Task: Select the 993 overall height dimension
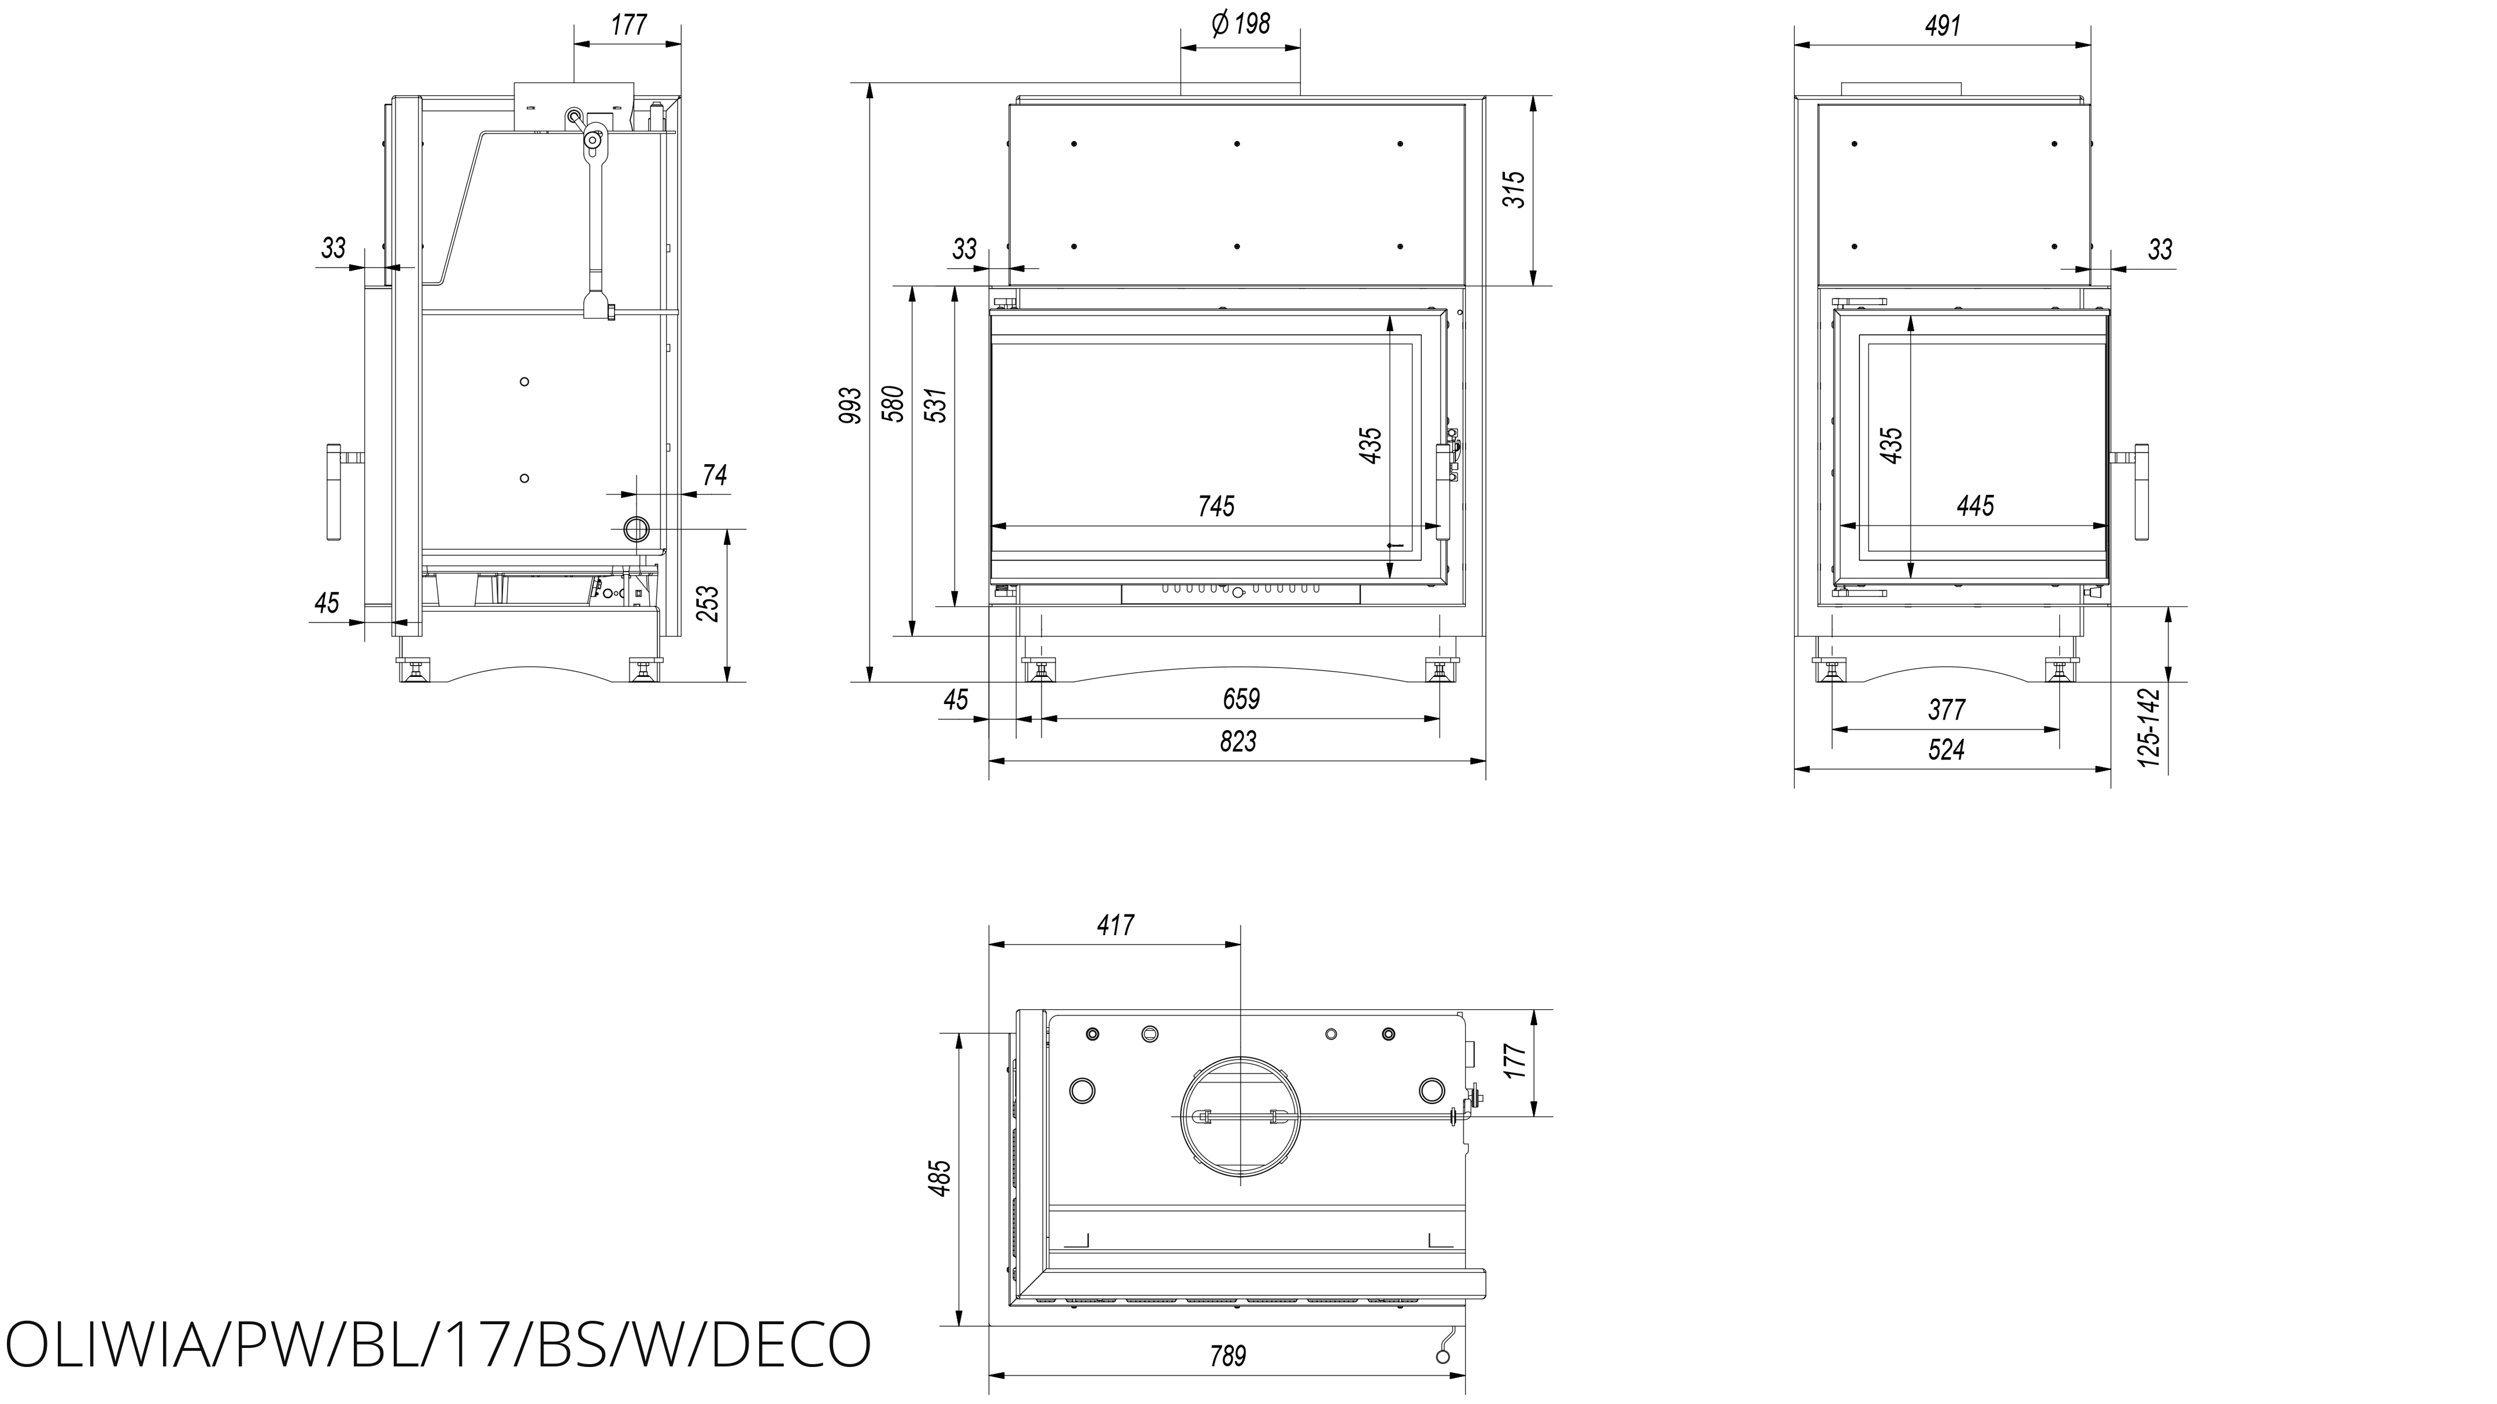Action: point(850,405)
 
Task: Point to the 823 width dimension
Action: point(1238,741)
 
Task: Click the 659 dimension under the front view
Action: point(1241,699)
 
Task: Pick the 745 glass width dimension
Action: point(1216,506)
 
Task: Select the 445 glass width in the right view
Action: point(1976,506)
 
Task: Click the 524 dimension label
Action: point(1947,750)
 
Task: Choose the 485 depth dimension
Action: point(940,1177)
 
